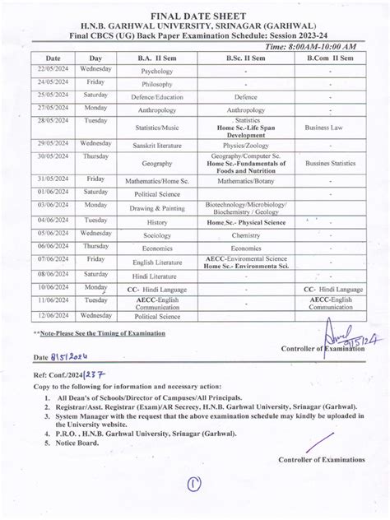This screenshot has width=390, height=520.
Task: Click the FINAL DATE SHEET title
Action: [x=195, y=16]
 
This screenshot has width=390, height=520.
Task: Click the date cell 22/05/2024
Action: [x=53, y=71]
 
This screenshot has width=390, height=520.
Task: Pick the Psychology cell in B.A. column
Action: [x=156, y=72]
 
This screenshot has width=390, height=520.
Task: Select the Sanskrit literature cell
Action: [x=156, y=145]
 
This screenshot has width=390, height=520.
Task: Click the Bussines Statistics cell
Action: [x=330, y=163]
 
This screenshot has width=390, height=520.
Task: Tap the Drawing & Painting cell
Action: [x=156, y=209]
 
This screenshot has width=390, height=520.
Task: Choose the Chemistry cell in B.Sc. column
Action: [x=245, y=235]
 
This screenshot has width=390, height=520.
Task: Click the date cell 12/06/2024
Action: [x=53, y=315]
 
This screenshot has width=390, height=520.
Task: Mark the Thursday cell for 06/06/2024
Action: [x=95, y=247]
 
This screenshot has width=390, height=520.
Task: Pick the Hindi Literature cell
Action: [x=156, y=275]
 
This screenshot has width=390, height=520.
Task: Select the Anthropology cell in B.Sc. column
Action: [x=245, y=109]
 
